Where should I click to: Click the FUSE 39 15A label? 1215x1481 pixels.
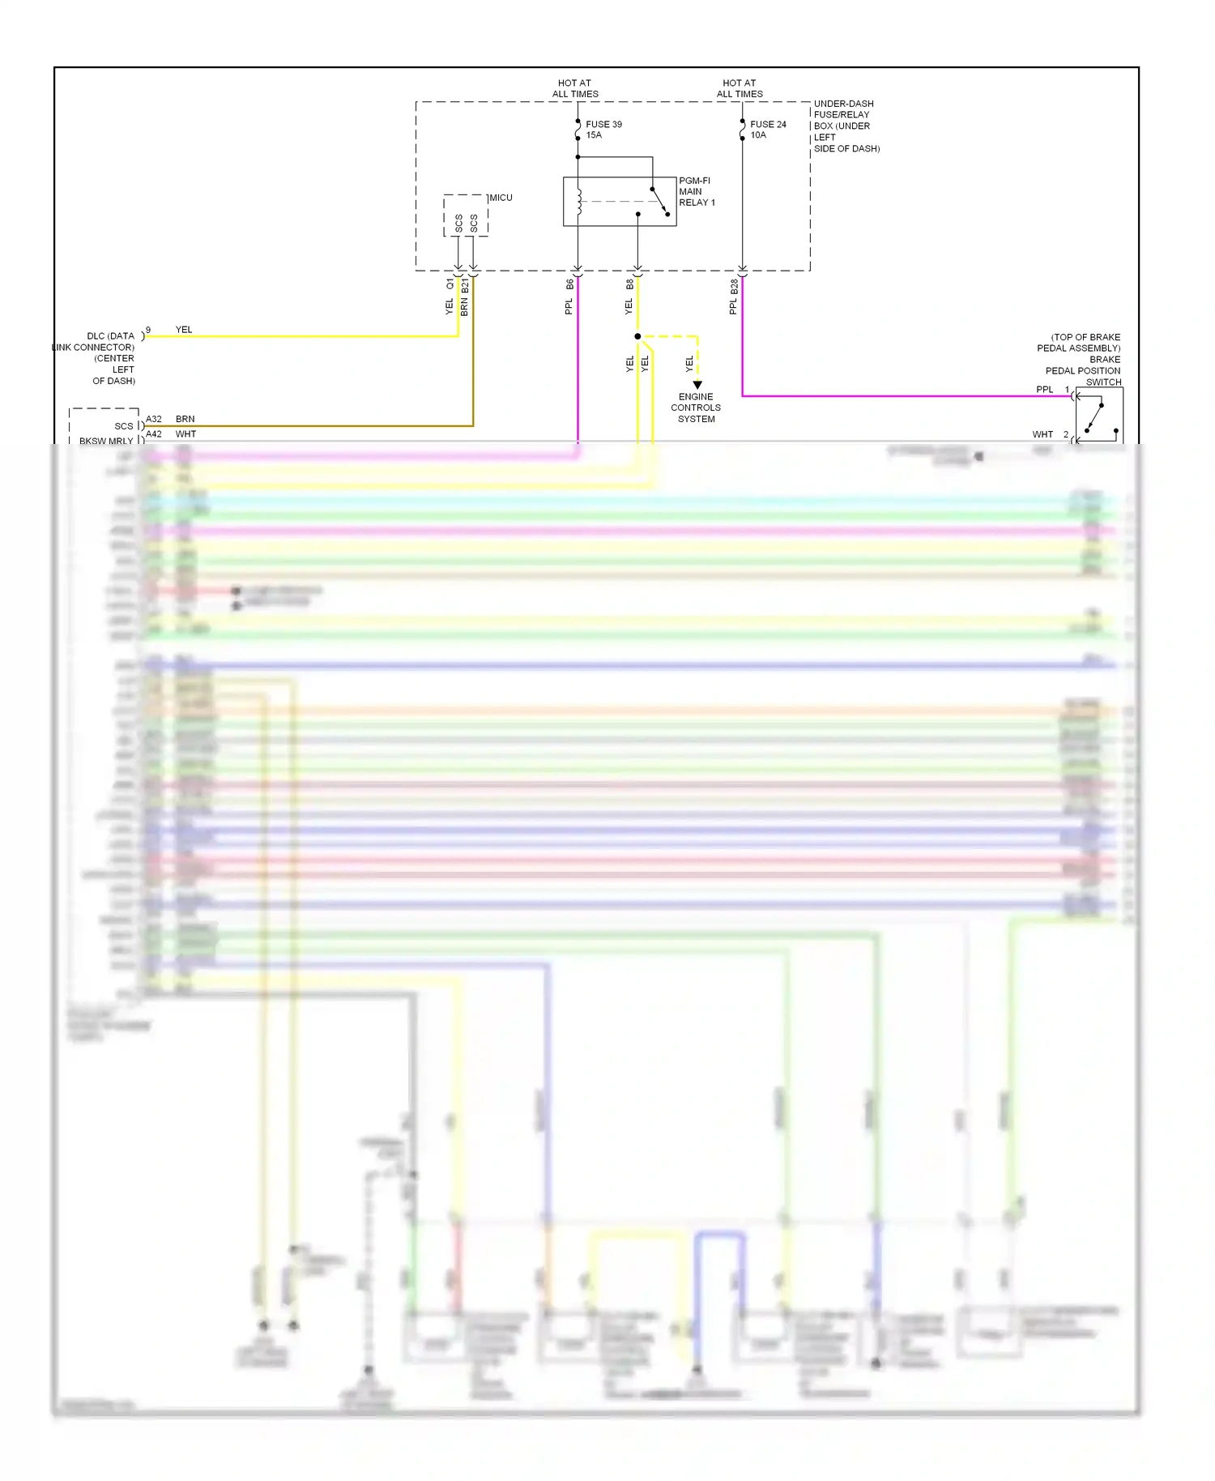(x=603, y=130)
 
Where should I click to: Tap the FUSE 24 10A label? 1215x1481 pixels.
(x=768, y=130)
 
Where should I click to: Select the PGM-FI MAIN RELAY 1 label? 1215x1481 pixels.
(x=697, y=192)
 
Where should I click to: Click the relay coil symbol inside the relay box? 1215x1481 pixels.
(x=579, y=203)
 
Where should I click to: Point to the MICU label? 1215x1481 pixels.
(x=501, y=198)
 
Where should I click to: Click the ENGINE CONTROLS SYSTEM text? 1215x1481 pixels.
(x=696, y=408)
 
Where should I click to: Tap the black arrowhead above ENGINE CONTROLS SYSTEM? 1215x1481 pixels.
(x=697, y=386)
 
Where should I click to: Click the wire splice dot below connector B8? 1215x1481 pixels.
(x=637, y=336)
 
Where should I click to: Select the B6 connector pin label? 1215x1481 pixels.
(x=569, y=285)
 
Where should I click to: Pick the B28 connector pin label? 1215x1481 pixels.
(x=734, y=286)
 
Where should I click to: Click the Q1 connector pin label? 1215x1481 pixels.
(x=450, y=284)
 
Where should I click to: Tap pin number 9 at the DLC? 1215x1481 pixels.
(x=148, y=331)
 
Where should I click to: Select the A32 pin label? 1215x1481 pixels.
(x=154, y=420)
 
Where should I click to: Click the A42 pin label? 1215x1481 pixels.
(x=154, y=434)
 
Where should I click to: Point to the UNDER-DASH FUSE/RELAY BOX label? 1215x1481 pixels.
(x=846, y=126)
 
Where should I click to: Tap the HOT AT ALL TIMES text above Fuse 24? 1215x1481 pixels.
(x=740, y=88)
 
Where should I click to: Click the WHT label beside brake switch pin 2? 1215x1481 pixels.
(x=1042, y=435)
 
